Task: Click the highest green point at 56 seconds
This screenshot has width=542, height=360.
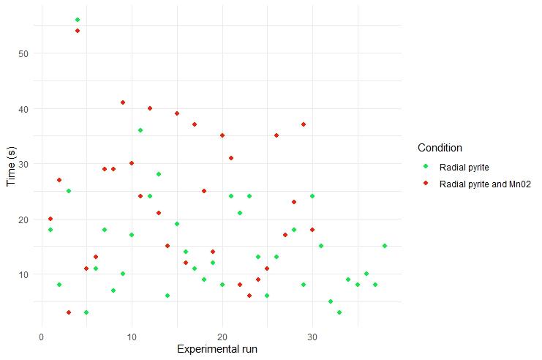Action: point(78,20)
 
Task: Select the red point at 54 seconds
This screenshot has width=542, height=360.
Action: point(78,31)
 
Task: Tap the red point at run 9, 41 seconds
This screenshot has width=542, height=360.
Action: point(123,102)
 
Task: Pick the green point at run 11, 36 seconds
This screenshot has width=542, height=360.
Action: point(140,130)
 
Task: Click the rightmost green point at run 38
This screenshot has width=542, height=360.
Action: point(384,246)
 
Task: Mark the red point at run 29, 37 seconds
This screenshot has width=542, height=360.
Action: point(303,124)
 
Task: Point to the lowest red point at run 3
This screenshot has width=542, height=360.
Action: point(69,312)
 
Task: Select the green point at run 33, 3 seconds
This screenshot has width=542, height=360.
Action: point(339,312)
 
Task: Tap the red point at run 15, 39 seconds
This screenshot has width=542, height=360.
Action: point(177,113)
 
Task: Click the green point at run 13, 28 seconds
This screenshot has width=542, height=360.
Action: point(159,174)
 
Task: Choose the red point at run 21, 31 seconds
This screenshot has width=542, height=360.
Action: point(231,158)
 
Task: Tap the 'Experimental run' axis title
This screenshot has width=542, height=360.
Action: point(217,350)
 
